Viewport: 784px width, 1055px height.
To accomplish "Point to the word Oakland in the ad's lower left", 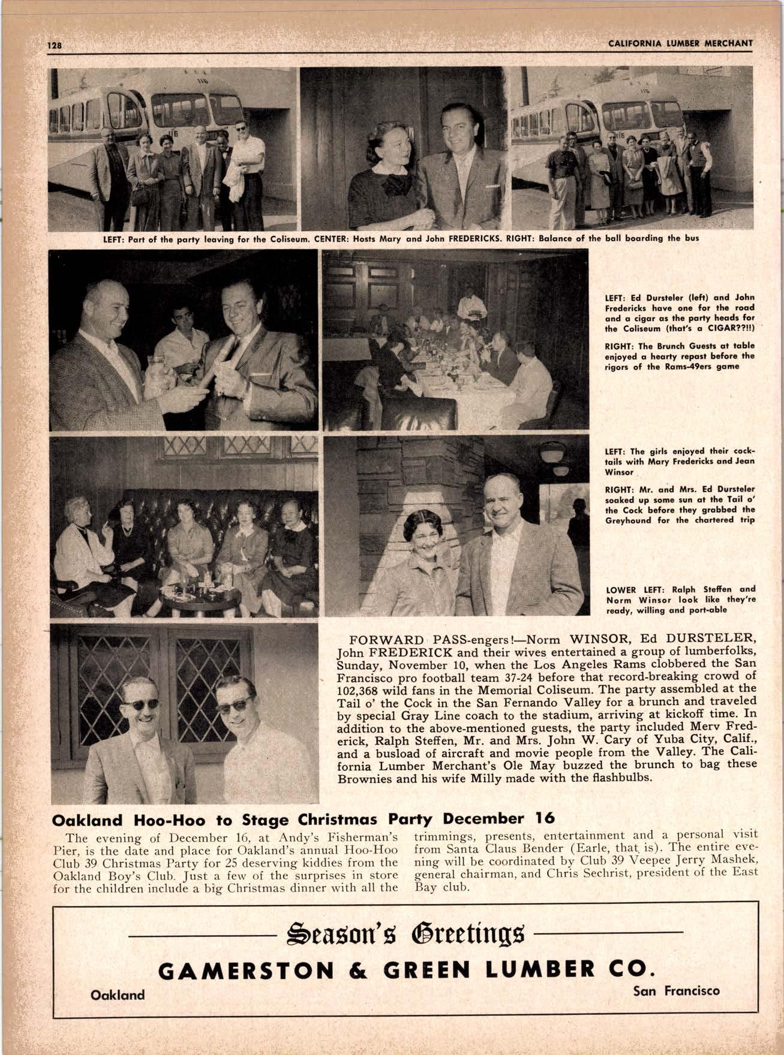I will point(118,995).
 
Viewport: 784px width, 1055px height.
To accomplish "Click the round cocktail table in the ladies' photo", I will point(196,591).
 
